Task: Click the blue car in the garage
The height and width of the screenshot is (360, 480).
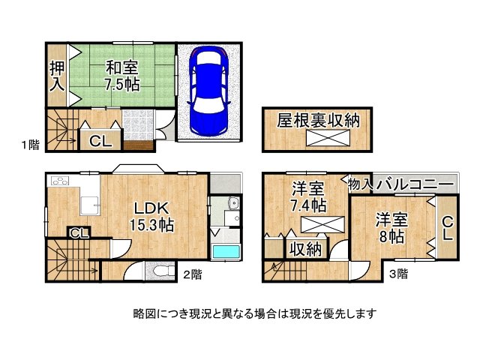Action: point(208,90)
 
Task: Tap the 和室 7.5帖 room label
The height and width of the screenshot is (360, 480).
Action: point(121,76)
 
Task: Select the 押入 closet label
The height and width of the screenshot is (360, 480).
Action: point(57,76)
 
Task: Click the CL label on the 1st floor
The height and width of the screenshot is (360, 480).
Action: point(100,141)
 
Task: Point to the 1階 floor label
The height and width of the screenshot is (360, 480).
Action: point(30,145)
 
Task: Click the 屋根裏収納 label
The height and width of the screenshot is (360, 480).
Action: point(318,120)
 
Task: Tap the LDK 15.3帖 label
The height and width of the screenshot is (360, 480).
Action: point(151,217)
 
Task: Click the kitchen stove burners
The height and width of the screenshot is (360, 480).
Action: point(60,181)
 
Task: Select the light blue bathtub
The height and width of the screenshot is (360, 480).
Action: point(226,252)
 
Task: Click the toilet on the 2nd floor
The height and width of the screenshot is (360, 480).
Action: point(160,271)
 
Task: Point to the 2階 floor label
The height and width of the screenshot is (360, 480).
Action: point(193,274)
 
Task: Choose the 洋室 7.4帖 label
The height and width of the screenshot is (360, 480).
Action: point(308,197)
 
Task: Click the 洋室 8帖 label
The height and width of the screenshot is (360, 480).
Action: point(391,228)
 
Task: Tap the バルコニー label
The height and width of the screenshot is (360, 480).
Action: point(415,185)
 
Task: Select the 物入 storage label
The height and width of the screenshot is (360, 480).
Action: point(360,184)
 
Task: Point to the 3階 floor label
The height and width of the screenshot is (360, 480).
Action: point(398,274)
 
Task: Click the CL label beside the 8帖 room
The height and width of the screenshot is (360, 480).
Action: point(448,228)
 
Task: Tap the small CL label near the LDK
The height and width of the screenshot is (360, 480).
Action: point(79,234)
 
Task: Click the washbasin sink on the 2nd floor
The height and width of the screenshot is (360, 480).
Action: point(233,202)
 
